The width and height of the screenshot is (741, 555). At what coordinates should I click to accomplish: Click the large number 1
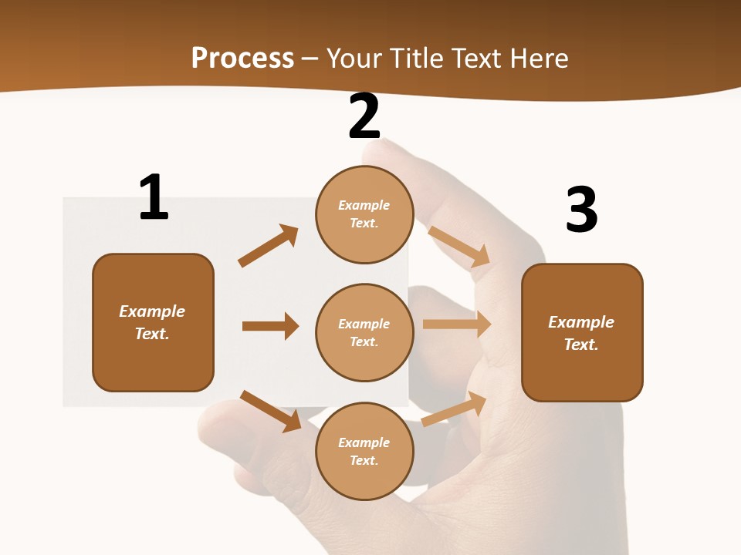pyautogui.click(x=154, y=197)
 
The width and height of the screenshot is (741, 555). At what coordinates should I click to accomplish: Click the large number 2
pyautogui.click(x=364, y=116)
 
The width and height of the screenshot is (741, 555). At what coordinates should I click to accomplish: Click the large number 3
pyautogui.click(x=581, y=210)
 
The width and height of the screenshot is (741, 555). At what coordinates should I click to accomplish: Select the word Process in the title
pyautogui.click(x=243, y=59)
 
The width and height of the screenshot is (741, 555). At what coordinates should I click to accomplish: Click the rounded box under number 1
pyautogui.click(x=153, y=322)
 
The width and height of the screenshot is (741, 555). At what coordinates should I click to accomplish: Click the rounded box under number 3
pyautogui.click(x=582, y=333)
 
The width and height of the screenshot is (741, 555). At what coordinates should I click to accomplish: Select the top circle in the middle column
pyautogui.click(x=364, y=214)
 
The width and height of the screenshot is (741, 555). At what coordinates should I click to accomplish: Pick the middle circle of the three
pyautogui.click(x=364, y=332)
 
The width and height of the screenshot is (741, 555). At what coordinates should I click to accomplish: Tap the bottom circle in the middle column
pyautogui.click(x=364, y=451)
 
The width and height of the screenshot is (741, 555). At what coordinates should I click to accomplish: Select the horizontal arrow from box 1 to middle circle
pyautogui.click(x=270, y=326)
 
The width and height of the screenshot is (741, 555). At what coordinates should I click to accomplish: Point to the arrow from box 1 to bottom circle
pyautogui.click(x=270, y=411)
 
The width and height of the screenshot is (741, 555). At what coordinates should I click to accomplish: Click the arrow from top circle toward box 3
pyautogui.click(x=459, y=246)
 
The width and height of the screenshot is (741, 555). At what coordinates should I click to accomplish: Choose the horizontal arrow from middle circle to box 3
pyautogui.click(x=457, y=325)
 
